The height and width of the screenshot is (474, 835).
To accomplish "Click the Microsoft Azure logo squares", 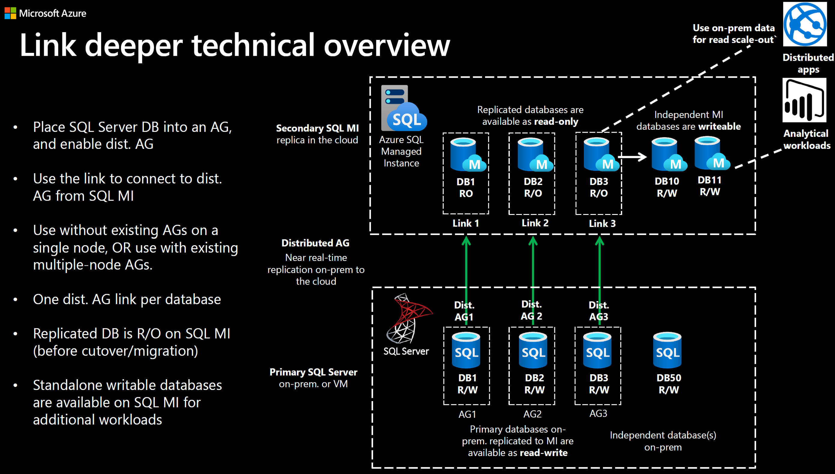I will coord(10,13).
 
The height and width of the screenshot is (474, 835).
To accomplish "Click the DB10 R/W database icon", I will coord(668,154).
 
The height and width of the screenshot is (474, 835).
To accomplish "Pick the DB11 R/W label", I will coord(710,186).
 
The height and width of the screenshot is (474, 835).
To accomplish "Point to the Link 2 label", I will coord(535,223).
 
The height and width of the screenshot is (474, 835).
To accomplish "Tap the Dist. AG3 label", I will coord(599,311).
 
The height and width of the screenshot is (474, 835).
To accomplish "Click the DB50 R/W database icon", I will coord(667,350).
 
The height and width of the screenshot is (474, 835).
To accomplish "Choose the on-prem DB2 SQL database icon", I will coord(533,350).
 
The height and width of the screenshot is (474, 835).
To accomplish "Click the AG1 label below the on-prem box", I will coord(467,414).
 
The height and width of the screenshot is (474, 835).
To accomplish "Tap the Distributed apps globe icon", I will coord(804,24).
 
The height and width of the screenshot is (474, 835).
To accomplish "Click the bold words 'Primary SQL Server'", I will coord(313,372).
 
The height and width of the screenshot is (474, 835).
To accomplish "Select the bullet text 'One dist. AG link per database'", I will coord(127,299).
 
